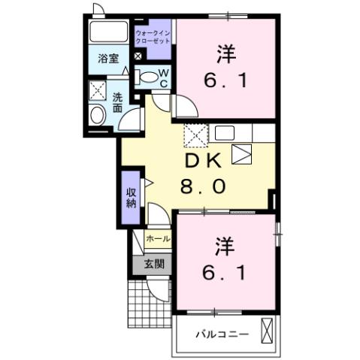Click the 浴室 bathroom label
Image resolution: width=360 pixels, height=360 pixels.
(107, 58)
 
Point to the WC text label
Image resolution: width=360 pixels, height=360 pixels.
(163, 76)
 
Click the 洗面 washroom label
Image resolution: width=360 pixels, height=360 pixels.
(118, 101)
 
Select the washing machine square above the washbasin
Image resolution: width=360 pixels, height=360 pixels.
(97, 90)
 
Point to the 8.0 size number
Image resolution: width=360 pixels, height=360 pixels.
(201, 186)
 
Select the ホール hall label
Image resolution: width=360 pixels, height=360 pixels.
(157, 239)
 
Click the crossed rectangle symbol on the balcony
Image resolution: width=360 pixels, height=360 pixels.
(268, 331)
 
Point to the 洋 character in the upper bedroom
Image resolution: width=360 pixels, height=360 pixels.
(224, 54)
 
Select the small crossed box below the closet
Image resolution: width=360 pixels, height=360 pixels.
(138, 56)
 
